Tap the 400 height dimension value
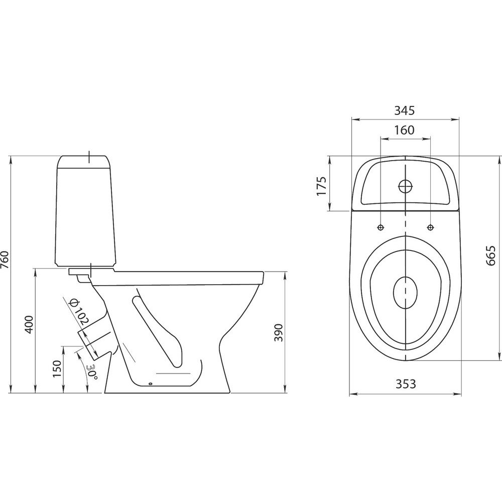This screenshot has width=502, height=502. (x=29, y=325)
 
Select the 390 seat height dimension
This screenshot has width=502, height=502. (x=279, y=333)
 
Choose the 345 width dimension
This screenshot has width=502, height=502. (x=404, y=110)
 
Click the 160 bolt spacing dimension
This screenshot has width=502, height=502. (x=404, y=130)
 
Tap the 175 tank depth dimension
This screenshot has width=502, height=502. (x=321, y=186)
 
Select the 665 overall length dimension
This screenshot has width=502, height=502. (x=490, y=256)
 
